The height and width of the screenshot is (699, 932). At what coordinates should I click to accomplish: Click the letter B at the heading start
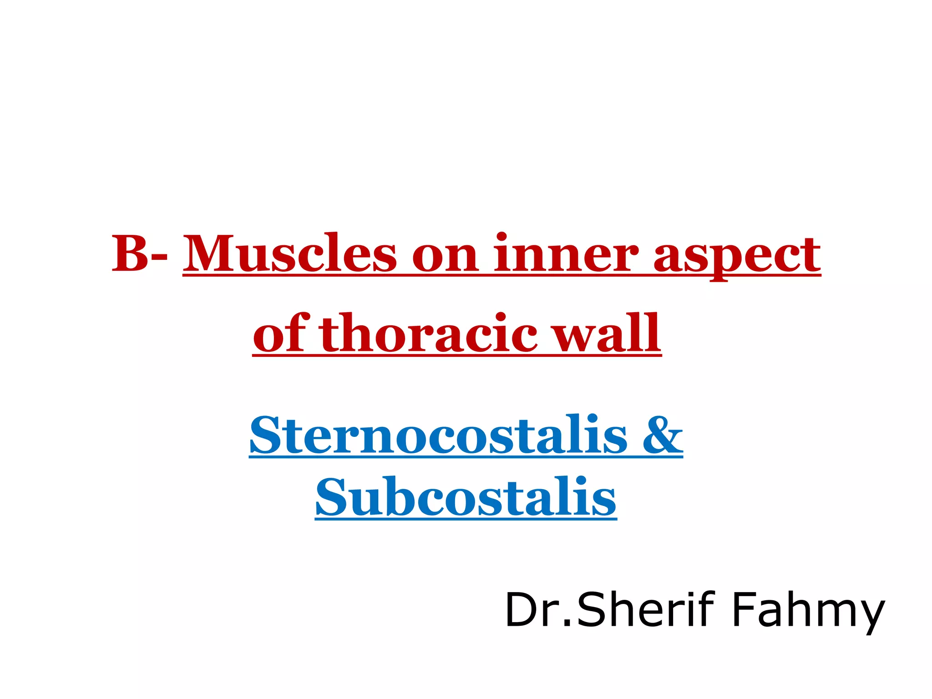[131, 253]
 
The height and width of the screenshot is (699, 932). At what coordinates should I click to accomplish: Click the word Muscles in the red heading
[290, 253]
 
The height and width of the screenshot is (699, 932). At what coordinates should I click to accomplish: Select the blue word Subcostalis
[466, 497]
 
